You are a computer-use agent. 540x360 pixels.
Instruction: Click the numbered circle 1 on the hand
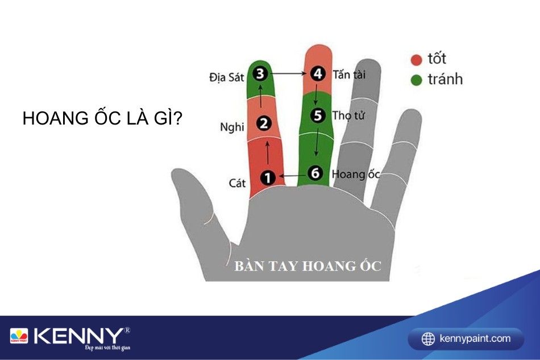pos(268,178)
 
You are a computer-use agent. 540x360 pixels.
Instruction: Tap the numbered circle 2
pos(264,123)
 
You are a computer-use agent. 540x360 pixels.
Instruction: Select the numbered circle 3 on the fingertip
pos(260,73)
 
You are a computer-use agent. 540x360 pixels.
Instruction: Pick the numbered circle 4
pos(318,74)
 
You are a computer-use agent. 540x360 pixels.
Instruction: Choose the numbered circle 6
pos(315,172)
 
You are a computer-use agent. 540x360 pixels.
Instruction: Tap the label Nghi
pos(232,127)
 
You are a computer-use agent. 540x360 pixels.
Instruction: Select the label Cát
pos(237,183)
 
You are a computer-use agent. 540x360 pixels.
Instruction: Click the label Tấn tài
pos(349,74)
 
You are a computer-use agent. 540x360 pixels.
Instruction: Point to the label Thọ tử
pos(348,115)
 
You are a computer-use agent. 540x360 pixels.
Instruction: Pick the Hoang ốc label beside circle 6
pos(356,174)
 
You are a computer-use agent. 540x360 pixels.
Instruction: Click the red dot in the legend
pos(416,60)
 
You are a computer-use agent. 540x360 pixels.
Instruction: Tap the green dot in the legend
pos(416,80)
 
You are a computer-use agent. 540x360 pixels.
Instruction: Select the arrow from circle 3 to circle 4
pos(289,73)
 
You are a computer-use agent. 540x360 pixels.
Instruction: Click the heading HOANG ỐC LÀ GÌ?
pos(102,118)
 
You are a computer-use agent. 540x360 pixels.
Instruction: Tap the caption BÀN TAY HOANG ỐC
pos(308,266)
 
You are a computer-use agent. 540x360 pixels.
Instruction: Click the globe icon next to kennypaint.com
pos(428,339)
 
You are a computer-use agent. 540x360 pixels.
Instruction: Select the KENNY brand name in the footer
pos(78,336)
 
